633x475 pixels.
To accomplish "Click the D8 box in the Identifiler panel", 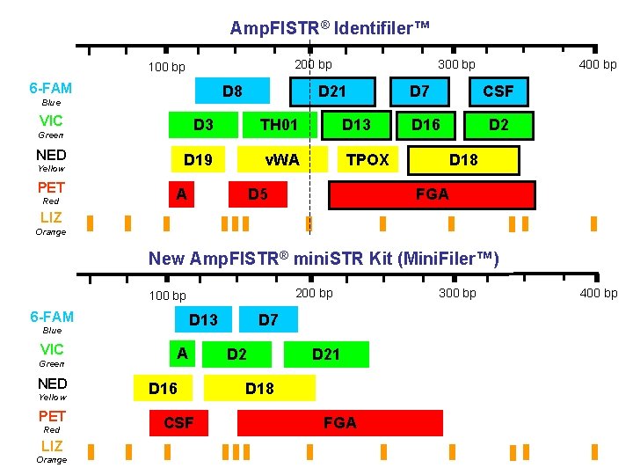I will (232, 91).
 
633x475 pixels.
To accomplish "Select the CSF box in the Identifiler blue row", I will (498, 91).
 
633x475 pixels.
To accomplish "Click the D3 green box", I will (203, 124).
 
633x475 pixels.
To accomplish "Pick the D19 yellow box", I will (197, 159).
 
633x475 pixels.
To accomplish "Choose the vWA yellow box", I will (283, 159).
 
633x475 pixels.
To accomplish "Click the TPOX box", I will (367, 159).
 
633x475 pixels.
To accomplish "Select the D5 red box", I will (258, 194).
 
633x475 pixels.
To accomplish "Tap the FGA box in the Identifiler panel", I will (432, 194).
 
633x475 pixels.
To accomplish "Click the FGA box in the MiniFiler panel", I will (340, 423).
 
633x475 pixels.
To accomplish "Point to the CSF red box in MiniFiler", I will (178, 423).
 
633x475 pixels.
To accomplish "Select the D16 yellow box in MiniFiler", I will (163, 388).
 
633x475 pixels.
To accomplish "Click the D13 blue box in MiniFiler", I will (203, 319).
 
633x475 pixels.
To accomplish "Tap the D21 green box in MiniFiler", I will (326, 354).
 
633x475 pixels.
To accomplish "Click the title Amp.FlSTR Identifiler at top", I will (331, 28).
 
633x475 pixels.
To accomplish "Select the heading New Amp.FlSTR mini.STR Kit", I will (324, 259).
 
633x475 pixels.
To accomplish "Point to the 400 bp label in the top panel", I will (598, 64).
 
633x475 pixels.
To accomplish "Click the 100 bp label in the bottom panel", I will (167, 296).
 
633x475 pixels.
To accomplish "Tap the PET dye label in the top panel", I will (51, 187).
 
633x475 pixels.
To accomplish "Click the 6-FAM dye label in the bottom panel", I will (51, 317).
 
